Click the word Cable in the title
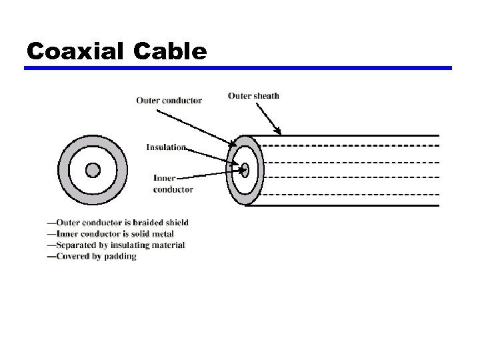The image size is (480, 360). [x=170, y=51]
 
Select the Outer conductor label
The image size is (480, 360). [x=169, y=101]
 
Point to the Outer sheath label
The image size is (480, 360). [x=253, y=95]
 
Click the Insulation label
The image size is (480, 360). [x=166, y=147]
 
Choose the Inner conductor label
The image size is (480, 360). [x=173, y=183]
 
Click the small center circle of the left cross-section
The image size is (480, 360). [x=93, y=170]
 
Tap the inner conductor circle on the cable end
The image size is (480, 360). [x=245, y=169]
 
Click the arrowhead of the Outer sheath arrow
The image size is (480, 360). [x=279, y=131]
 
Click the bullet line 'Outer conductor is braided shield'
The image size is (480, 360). [x=118, y=223]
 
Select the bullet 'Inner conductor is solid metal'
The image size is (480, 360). [x=111, y=234]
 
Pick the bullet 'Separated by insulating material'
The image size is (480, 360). [x=116, y=245]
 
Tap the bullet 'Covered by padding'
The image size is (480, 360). [x=92, y=257]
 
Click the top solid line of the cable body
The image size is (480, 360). [x=347, y=135]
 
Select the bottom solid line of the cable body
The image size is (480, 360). [x=347, y=205]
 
